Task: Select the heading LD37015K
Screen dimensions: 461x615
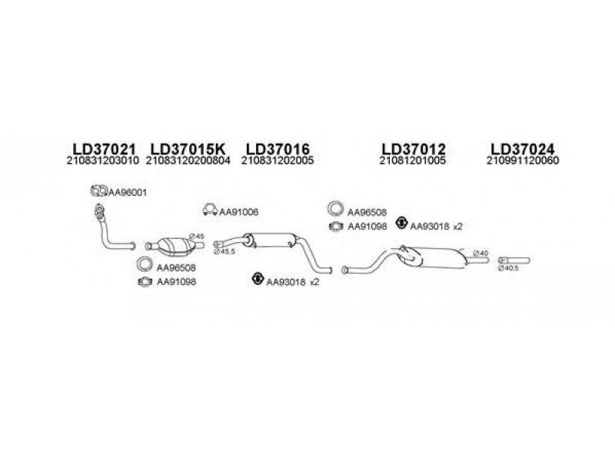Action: tap(188, 148)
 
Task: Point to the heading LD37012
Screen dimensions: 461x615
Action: tap(414, 148)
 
